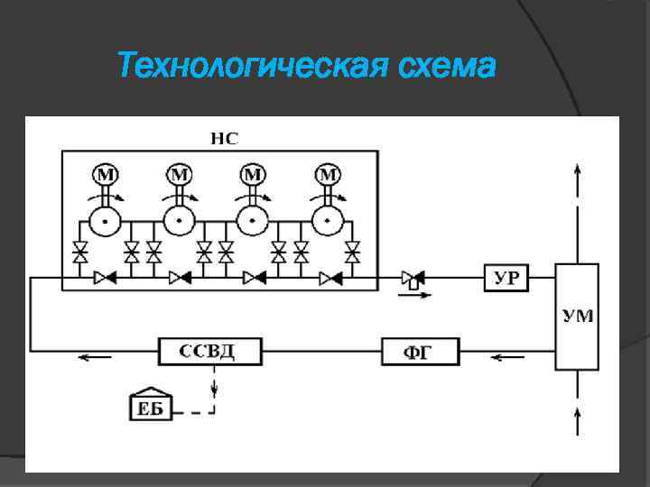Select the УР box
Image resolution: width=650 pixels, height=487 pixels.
tap(506, 277)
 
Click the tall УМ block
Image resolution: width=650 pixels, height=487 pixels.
tap(577, 317)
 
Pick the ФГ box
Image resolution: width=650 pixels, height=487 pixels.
tap(420, 351)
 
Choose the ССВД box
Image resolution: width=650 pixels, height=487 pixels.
tap(210, 350)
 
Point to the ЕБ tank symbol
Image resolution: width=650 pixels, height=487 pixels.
tap(150, 408)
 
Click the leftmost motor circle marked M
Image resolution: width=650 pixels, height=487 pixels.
tap(106, 174)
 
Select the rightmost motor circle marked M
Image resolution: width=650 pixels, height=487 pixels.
tap(329, 174)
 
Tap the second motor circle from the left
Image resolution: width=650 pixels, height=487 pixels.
tap(180, 174)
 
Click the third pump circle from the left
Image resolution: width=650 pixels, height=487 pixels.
tap(254, 219)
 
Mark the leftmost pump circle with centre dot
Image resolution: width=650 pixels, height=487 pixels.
tap(106, 219)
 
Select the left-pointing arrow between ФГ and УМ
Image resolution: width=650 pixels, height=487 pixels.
tap(507, 357)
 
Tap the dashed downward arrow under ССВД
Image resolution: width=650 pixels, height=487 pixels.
tap(215, 385)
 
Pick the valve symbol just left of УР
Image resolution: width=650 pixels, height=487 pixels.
tap(413, 279)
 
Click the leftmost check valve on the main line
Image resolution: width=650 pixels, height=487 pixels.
tap(105, 279)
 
